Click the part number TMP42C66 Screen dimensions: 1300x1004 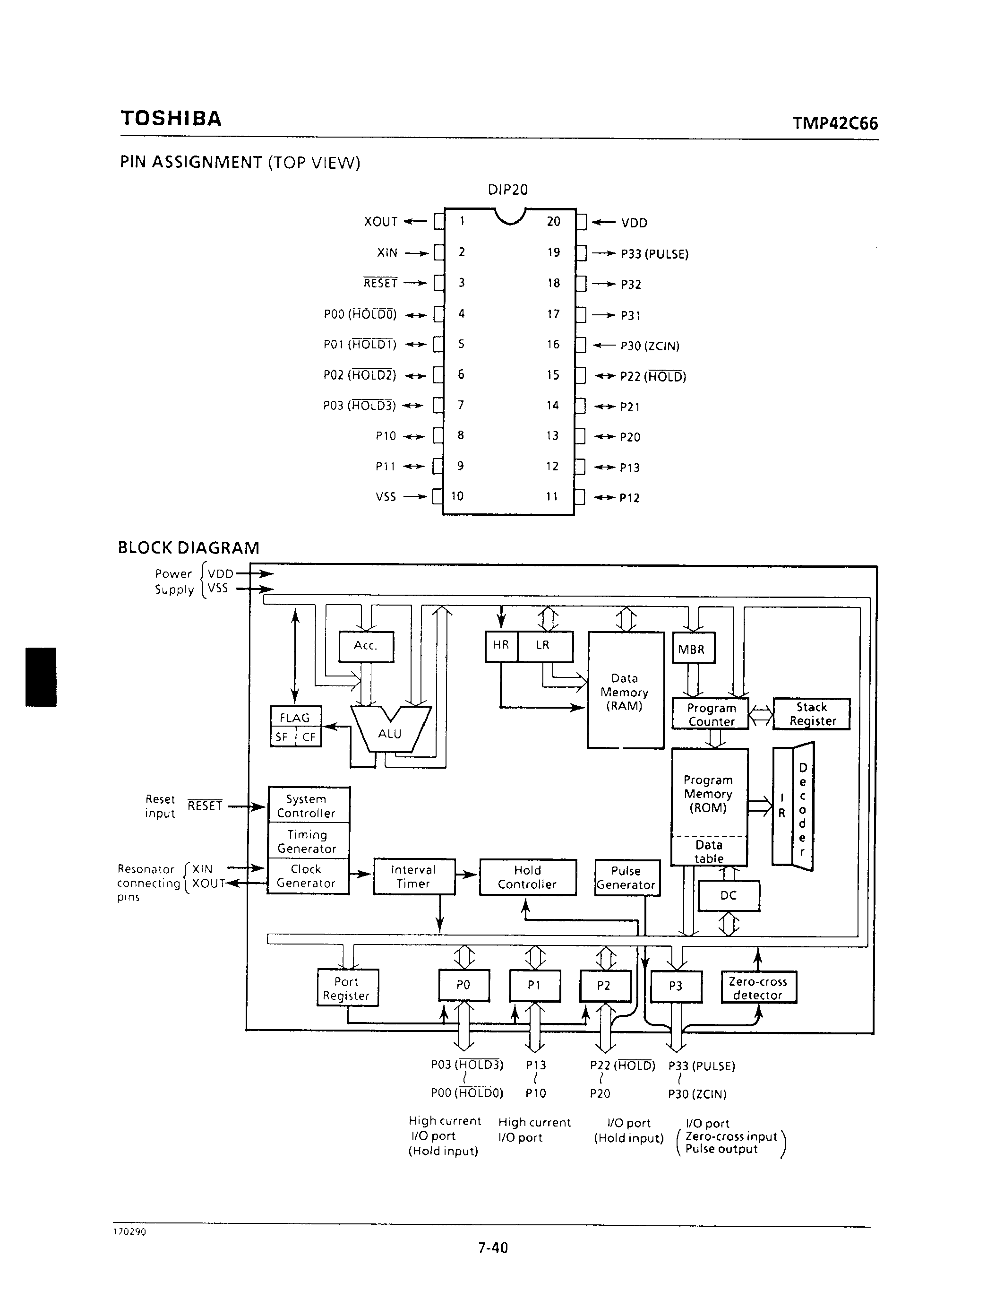point(834,123)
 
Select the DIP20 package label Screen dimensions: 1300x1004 point(507,190)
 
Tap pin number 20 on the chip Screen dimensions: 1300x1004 point(553,221)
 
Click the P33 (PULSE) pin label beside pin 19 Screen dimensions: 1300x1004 point(654,254)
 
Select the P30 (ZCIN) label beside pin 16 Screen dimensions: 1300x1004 point(650,346)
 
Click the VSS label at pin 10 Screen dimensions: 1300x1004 point(386,496)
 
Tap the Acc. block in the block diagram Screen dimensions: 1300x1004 point(366,646)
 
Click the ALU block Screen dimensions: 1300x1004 point(390,733)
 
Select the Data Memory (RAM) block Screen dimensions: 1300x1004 point(625,692)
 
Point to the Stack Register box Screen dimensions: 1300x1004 point(811,714)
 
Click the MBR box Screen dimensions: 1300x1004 point(693,649)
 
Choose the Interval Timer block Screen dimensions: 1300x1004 point(414,877)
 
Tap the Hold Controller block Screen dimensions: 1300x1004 point(528,877)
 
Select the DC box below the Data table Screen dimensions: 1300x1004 point(728,895)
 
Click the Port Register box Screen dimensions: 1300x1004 point(347,988)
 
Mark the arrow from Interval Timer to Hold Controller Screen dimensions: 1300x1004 point(467,875)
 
